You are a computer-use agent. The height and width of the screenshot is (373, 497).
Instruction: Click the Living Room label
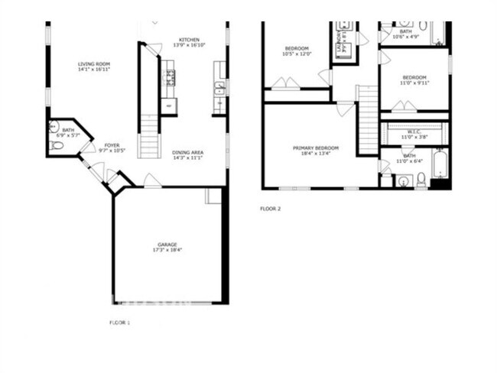coord(94,63)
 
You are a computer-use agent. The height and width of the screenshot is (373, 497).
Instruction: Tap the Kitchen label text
coord(190,40)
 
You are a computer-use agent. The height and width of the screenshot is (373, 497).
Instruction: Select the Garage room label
coord(168,245)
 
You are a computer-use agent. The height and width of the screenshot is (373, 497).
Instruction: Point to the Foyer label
coord(112,145)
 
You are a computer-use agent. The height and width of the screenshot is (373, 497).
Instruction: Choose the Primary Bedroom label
coord(315,147)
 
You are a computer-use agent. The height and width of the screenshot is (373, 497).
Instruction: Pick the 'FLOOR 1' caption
coord(119,323)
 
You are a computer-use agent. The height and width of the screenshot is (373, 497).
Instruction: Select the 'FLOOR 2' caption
coord(270,209)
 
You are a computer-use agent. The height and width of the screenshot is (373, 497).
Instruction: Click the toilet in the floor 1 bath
coord(57,144)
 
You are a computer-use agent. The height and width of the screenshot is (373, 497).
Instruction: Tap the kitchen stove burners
coord(169,76)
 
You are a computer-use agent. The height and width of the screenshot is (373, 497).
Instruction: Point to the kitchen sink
coord(219,88)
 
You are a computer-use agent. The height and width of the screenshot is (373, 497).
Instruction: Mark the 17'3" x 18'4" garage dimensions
coord(168,251)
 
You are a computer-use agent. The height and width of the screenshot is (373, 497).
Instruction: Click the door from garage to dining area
coord(153,181)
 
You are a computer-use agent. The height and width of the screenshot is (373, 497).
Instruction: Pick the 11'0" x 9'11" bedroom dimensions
coord(414,83)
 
